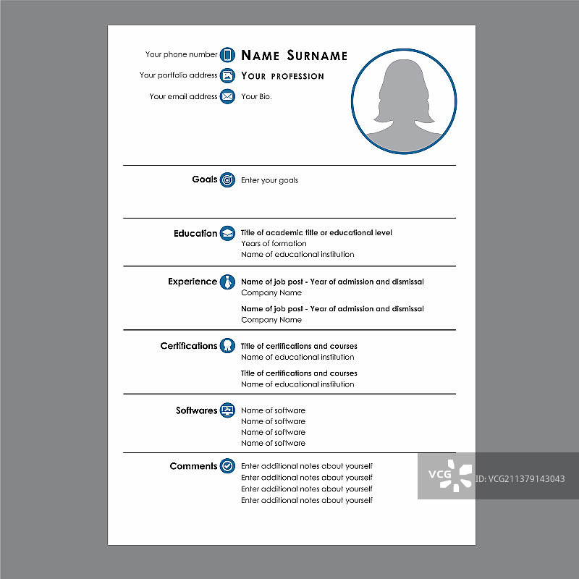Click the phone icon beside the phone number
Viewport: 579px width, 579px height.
[227, 54]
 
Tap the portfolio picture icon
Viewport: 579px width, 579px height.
[227, 75]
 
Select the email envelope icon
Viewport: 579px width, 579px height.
[227, 96]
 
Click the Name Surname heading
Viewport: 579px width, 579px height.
[294, 56]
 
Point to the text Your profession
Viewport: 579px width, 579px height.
[282, 76]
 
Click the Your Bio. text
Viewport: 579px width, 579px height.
[256, 96]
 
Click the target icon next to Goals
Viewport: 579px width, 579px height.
[227, 179]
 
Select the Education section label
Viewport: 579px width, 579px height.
[195, 234]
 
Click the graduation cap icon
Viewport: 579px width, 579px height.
[227, 233]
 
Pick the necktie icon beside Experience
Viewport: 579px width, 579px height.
[227, 282]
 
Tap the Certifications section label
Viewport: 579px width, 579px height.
[188, 346]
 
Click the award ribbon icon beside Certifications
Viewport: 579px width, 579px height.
[227, 346]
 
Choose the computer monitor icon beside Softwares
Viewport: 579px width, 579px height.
[227, 410]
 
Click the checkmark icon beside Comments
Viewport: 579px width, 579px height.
[227, 466]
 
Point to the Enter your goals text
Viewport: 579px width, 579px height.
[269, 180]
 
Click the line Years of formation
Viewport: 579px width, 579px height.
[274, 244]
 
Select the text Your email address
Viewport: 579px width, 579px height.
[183, 96]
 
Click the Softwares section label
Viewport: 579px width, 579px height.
[196, 410]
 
